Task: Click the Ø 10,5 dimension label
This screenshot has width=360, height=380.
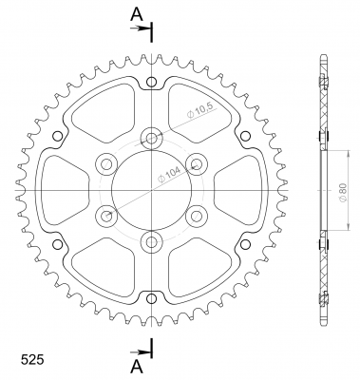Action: point(201,110)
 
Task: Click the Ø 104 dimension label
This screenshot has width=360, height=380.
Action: point(169,174)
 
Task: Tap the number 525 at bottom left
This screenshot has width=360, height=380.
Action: point(32,360)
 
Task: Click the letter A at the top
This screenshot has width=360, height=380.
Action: point(137,14)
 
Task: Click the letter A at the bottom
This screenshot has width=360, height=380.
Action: point(137,367)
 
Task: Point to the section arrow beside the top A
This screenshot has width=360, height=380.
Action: point(140,28)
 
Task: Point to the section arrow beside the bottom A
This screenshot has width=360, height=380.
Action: point(140,351)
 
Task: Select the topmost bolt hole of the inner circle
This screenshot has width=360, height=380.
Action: point(152,138)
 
